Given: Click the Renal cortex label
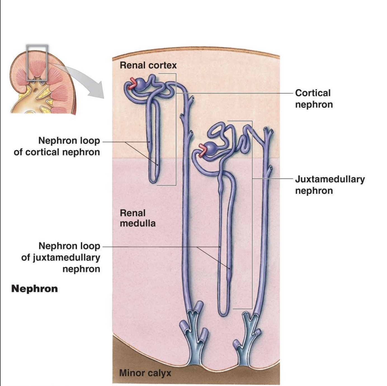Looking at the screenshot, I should tap(148, 65).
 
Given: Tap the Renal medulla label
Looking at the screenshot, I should tap(137, 218).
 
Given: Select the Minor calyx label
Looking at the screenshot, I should tap(145, 373).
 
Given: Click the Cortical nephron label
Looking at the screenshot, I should tap(314, 99).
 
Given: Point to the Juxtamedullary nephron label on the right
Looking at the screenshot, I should tap(330, 185).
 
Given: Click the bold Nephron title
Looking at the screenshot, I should tap(34, 289).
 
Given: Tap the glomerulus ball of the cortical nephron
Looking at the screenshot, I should tap(140, 85).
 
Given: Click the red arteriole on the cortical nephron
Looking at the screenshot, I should tap(132, 84).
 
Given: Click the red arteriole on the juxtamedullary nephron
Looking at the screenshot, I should tap(202, 150).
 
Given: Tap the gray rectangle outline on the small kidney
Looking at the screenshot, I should tap(37, 46).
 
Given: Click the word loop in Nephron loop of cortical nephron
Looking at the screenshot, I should tap(90, 141).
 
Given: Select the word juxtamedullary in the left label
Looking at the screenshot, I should tap(66, 257).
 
